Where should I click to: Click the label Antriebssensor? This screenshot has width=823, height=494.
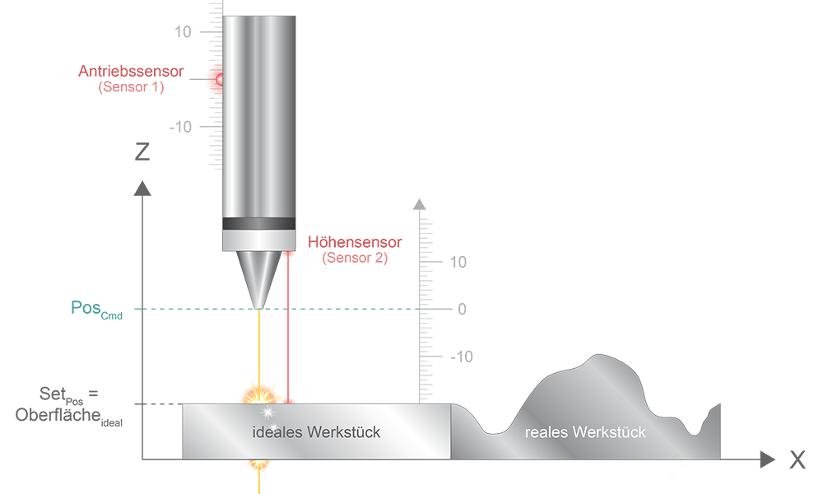click(131, 72)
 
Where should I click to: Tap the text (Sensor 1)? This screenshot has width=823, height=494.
click(131, 86)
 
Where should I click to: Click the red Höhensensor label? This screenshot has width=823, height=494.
click(355, 243)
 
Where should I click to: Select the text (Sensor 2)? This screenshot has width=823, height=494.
click(355, 258)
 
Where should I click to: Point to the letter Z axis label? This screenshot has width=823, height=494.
click(142, 151)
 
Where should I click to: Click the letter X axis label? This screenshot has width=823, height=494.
click(797, 461)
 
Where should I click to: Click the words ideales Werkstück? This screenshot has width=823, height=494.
click(316, 431)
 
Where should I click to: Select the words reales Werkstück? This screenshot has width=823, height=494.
click(585, 431)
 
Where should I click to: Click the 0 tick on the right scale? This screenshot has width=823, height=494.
click(463, 309)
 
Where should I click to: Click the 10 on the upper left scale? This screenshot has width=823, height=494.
click(182, 32)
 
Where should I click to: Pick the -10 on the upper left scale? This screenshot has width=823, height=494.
click(180, 127)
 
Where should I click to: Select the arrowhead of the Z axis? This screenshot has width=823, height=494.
click(142, 189)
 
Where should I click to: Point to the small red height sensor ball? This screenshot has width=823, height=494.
click(288, 253)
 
